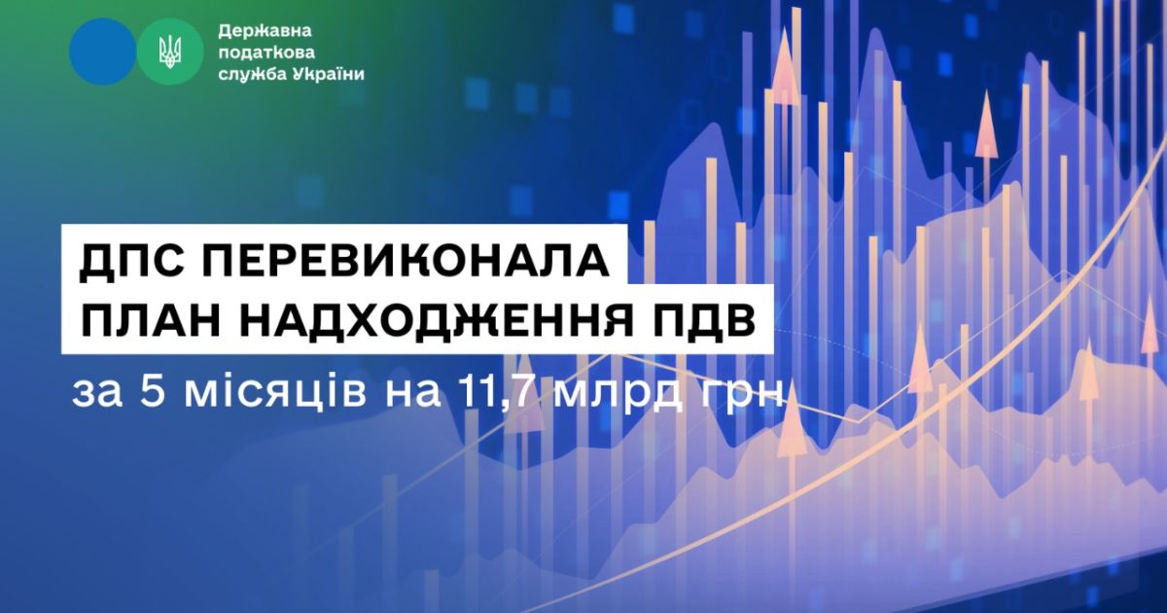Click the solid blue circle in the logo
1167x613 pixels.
(x=103, y=53)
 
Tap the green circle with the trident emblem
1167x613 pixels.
(x=170, y=53)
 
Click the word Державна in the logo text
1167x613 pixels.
(x=265, y=31)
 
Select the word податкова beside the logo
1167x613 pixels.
(x=266, y=54)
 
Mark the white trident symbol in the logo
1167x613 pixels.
(x=170, y=53)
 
